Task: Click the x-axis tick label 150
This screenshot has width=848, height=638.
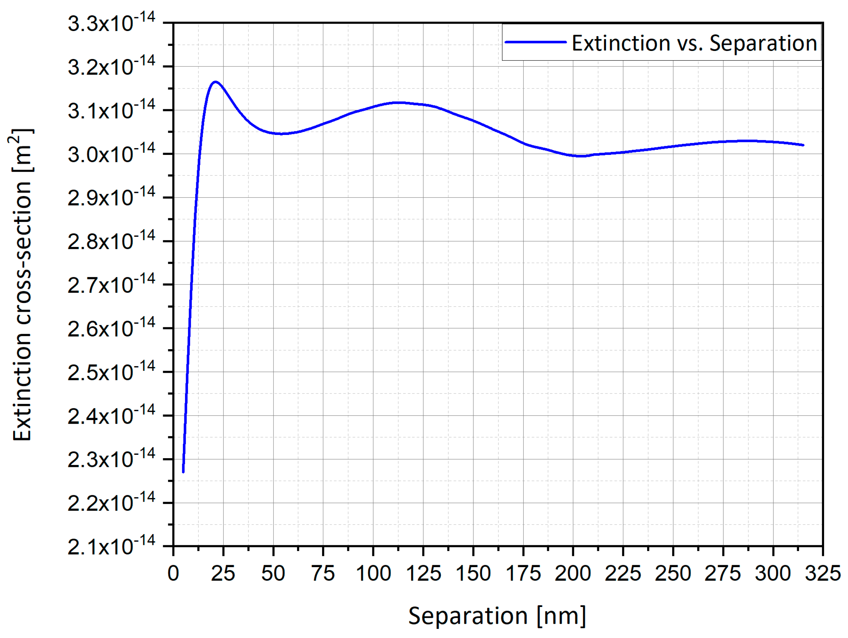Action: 473,574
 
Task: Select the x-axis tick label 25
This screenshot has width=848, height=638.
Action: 223,574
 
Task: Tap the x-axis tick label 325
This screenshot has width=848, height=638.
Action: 823,574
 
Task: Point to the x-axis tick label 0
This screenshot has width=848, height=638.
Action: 173,574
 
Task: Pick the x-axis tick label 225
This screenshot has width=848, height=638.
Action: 623,574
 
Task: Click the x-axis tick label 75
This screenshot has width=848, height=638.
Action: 323,574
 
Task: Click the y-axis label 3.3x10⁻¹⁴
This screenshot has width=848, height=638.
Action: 111,23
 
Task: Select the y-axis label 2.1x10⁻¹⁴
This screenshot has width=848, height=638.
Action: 111,546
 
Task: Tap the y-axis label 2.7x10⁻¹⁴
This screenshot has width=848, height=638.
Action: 111,285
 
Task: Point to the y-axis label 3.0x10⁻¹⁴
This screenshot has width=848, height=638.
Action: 111,154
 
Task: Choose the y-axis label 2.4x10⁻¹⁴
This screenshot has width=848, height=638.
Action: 111,415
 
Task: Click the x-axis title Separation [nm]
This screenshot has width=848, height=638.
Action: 497,616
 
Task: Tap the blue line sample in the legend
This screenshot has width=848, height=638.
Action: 535,42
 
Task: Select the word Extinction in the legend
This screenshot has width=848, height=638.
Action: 621,43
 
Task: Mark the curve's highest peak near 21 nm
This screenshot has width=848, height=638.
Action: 215,82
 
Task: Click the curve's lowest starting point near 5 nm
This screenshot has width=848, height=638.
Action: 183,472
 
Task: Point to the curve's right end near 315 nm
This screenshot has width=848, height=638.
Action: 803,145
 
